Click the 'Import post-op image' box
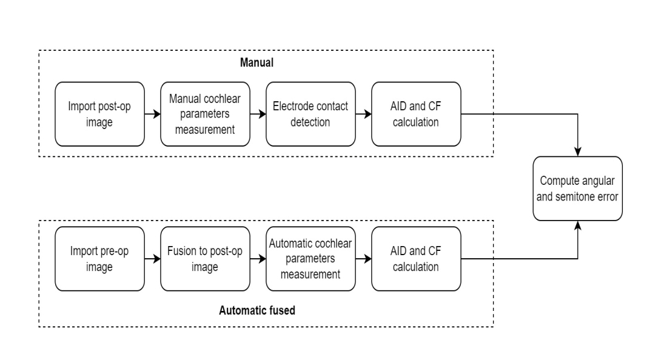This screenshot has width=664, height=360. (x=99, y=114)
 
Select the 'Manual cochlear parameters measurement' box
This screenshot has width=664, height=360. (x=205, y=114)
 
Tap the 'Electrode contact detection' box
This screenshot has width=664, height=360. (x=310, y=114)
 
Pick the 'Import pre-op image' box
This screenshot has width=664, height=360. (x=99, y=259)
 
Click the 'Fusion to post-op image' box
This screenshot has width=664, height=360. (x=205, y=259)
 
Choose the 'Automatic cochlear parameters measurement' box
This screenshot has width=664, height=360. (x=310, y=259)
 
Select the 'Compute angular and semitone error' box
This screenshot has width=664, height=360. (x=578, y=188)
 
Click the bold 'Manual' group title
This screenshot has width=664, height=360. (x=257, y=62)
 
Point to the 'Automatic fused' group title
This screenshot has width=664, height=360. (x=257, y=310)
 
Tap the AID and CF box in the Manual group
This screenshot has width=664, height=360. (x=416, y=114)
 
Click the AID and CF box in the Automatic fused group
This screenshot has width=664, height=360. (x=416, y=259)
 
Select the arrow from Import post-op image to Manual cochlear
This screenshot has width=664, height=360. (x=152, y=114)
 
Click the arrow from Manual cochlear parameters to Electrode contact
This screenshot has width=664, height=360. (x=258, y=114)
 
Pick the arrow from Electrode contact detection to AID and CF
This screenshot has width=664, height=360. (x=363, y=114)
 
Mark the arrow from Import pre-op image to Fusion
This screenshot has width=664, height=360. (x=152, y=258)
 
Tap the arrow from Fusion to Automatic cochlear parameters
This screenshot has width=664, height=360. (x=258, y=258)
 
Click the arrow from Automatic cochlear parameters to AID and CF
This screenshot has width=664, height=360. (x=363, y=258)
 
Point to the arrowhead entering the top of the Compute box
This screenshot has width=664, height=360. (x=578, y=152)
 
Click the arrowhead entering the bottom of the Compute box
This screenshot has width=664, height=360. (x=578, y=225)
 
